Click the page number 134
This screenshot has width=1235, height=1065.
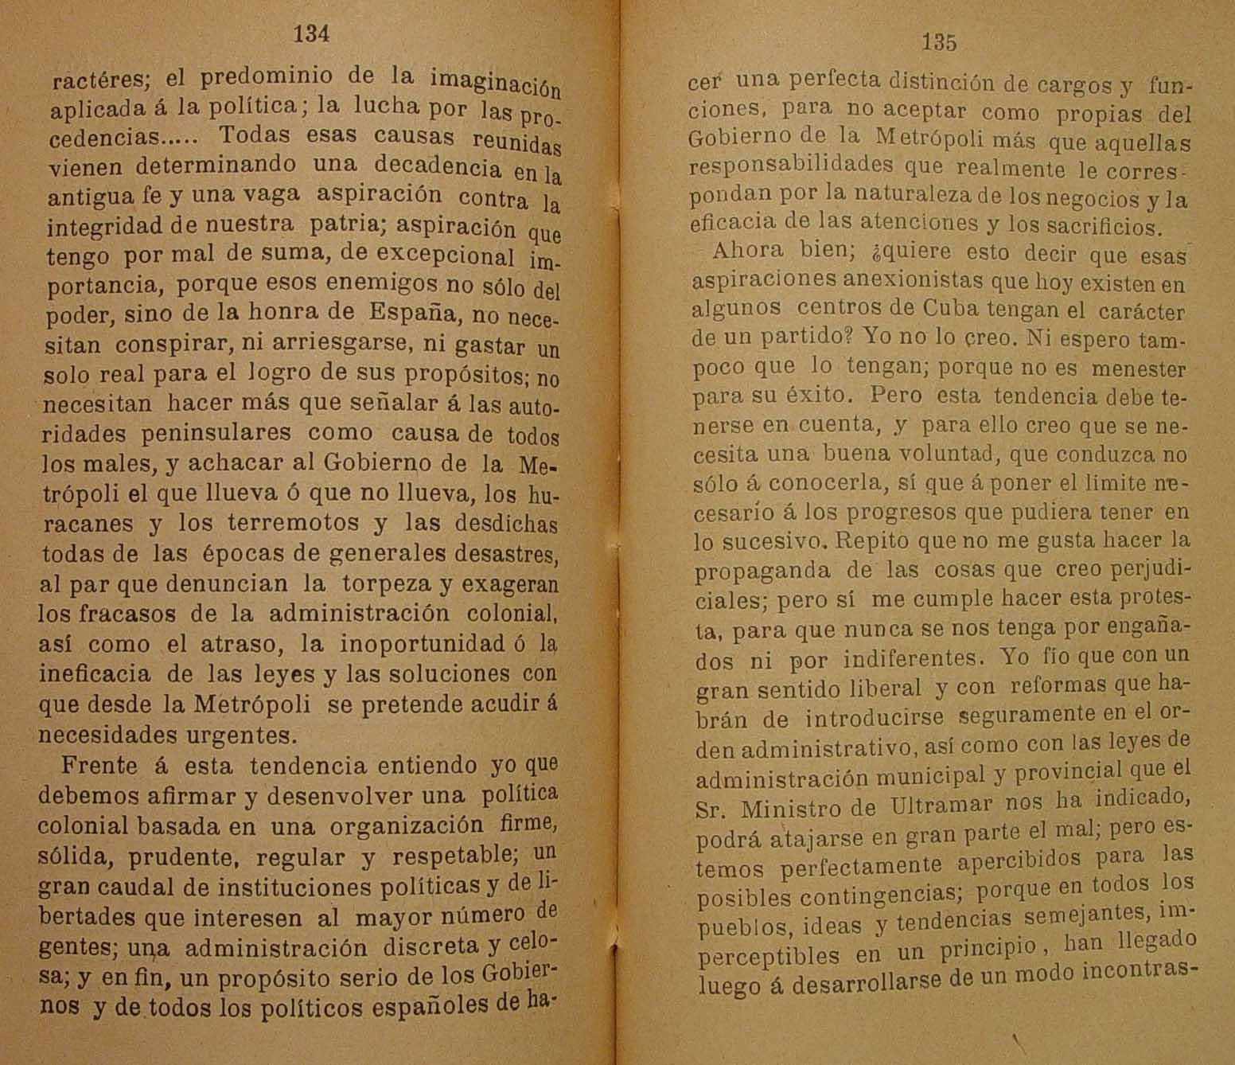[x=311, y=33]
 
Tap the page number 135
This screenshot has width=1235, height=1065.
[x=938, y=42]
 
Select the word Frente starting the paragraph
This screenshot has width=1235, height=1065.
[x=99, y=766]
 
